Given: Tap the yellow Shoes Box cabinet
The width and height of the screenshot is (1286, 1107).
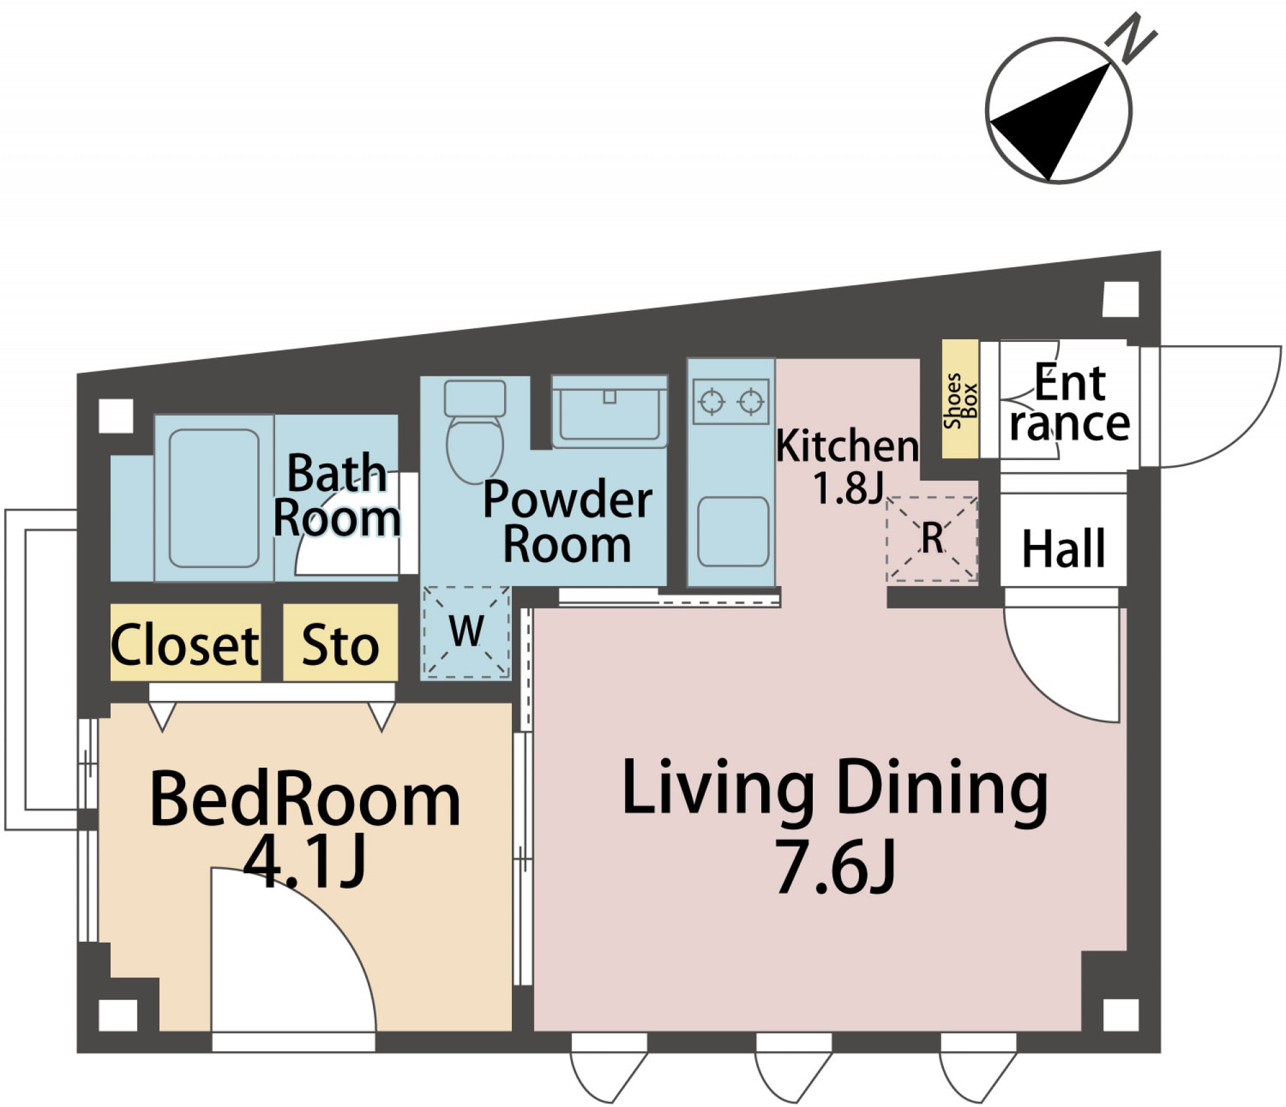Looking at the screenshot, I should (x=959, y=400).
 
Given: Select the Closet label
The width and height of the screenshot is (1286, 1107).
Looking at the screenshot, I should (x=185, y=644).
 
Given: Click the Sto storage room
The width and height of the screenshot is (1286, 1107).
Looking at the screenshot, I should (x=340, y=644).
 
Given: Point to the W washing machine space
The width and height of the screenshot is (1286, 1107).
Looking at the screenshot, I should (x=466, y=633).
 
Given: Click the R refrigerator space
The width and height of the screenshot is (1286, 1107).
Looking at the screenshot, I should (x=932, y=539).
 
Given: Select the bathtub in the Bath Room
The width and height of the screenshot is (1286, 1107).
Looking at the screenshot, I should (x=214, y=498).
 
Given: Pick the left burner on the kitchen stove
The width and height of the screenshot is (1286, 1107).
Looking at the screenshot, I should (x=712, y=402).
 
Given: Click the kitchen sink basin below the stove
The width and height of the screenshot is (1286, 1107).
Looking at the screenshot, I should (x=733, y=531).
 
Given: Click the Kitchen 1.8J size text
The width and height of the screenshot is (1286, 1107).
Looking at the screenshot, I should (x=847, y=488).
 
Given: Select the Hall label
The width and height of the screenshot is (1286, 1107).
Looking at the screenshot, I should (x=1064, y=549).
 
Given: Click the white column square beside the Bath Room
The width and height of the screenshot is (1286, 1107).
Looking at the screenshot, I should (x=116, y=416).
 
